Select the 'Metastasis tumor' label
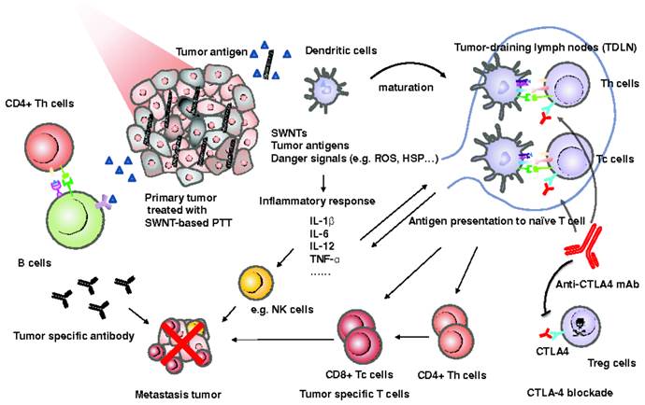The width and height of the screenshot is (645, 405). point(180,382)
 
